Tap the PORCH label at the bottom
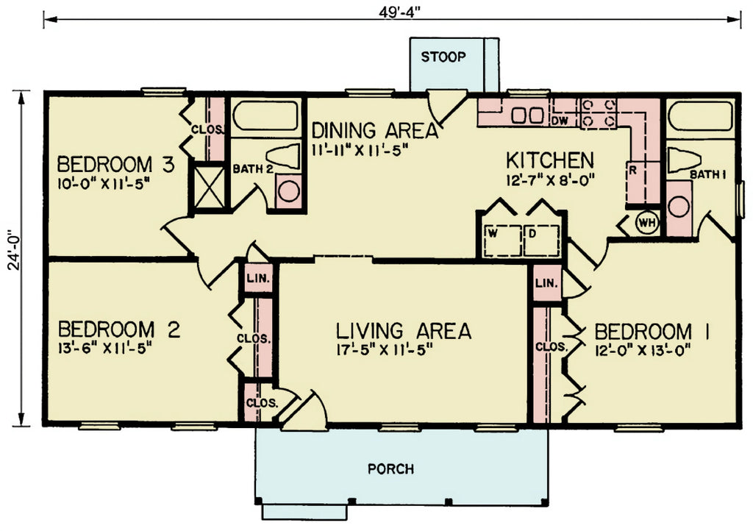pos(390,468)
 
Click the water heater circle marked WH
pos(646,223)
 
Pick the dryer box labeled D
pos(541,239)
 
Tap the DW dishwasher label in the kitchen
pos(560,119)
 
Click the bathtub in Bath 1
pos(702,117)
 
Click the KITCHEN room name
pos(550,159)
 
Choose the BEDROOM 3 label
pos(115,163)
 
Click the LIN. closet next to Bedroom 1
pos(546,283)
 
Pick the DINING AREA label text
pos(375,131)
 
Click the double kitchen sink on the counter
pos(527,115)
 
